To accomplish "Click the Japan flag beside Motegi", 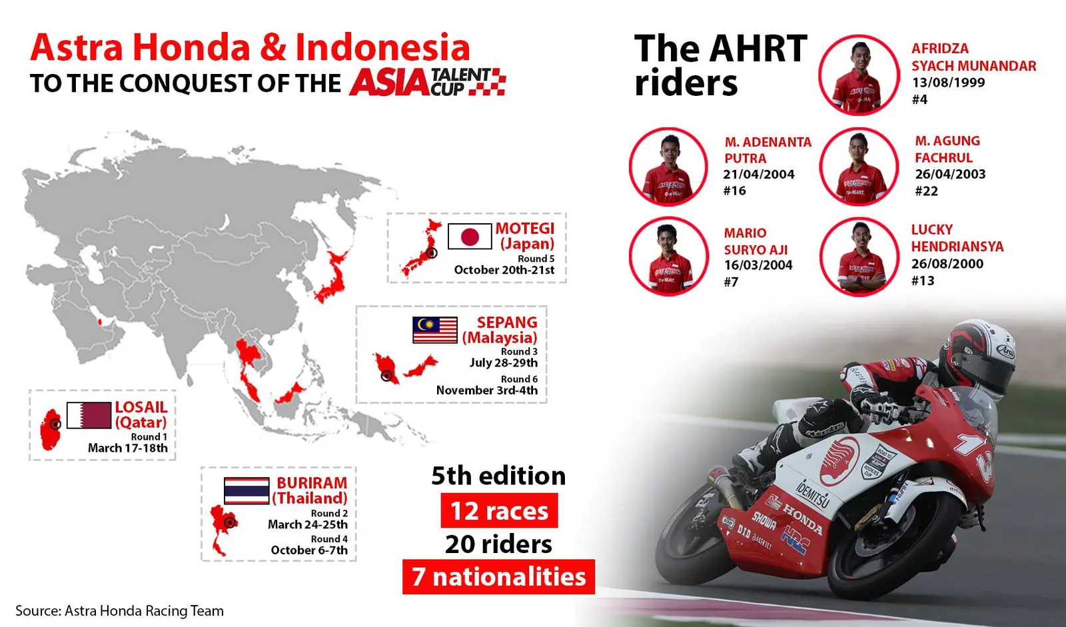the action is tap(470, 236).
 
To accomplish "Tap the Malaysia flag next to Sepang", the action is tap(435, 330).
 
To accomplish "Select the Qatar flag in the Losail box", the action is tap(89, 415).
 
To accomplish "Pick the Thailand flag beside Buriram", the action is tap(247, 491).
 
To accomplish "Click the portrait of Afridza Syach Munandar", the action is tap(859, 75).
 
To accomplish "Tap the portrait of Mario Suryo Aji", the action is tap(669, 257).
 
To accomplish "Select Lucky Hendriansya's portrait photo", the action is tap(859, 257).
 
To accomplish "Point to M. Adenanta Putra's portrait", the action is tap(668, 167).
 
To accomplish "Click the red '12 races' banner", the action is tap(499, 510).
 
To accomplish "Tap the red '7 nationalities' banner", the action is tap(499, 576).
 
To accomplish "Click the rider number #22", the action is tap(926, 191).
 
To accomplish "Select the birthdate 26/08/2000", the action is tap(947, 264).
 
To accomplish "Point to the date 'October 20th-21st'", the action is tap(504, 270).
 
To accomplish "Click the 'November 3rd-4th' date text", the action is tap(487, 390).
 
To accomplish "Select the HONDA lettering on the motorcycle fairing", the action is tap(803, 518).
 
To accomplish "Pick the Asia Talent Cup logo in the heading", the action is tap(427, 82).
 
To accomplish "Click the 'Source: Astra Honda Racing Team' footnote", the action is tap(119, 611).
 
